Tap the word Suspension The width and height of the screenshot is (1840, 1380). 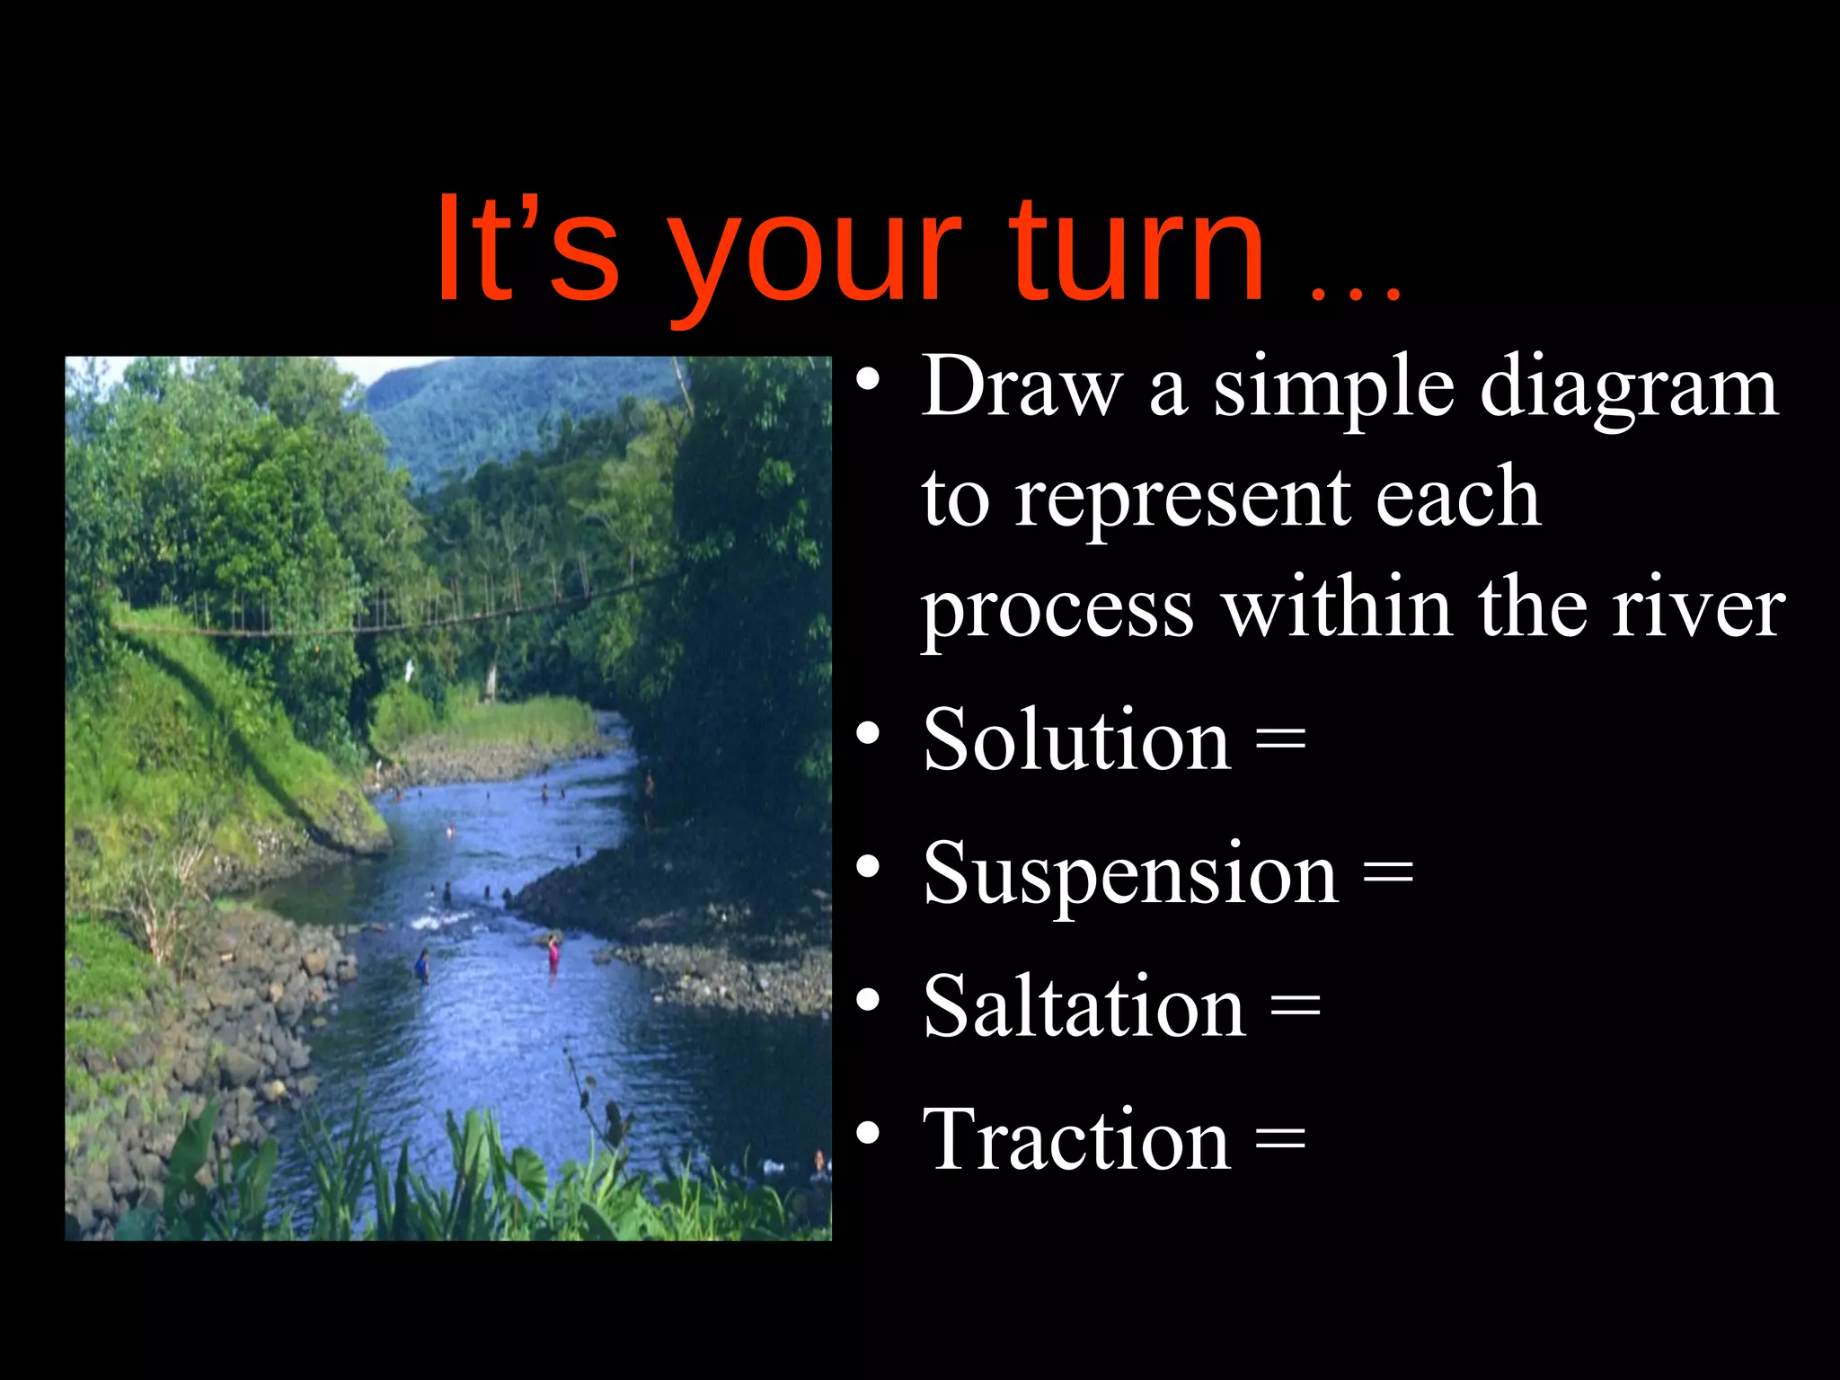coord(1130,873)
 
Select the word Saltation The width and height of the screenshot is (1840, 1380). coord(1084,1006)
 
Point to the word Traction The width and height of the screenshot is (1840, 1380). coord(1075,1139)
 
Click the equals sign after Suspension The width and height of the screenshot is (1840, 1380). coord(1388,873)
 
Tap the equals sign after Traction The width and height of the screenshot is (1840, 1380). coord(1279,1139)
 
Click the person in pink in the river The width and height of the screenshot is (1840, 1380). coord(553,951)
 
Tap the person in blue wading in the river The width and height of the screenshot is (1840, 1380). coord(422,965)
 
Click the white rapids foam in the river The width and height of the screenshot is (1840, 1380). coord(438,920)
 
